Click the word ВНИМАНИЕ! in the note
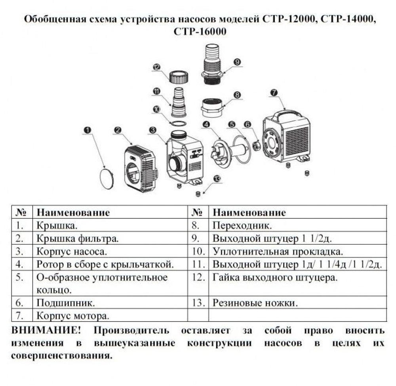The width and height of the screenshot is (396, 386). tap(42, 330)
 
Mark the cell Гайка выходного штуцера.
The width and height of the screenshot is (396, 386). tap(275, 277)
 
